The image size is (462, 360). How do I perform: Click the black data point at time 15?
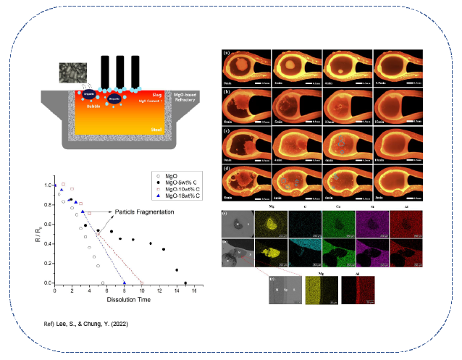click(186, 282)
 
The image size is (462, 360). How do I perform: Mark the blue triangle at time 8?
click(125, 282)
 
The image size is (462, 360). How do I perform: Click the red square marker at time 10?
click(142, 282)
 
